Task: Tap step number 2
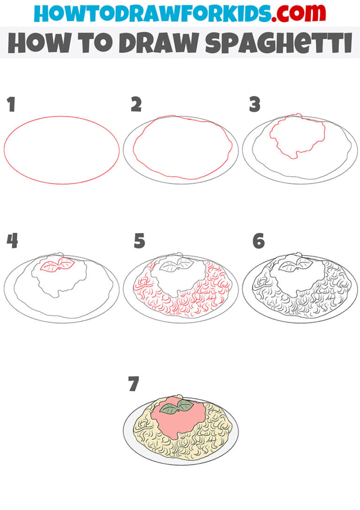click(x=136, y=105)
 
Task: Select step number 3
click(x=255, y=105)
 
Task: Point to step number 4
click(x=12, y=241)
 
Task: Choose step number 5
click(x=139, y=242)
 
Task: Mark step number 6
click(x=258, y=241)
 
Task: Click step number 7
click(x=134, y=384)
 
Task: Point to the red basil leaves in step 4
click(x=57, y=266)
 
